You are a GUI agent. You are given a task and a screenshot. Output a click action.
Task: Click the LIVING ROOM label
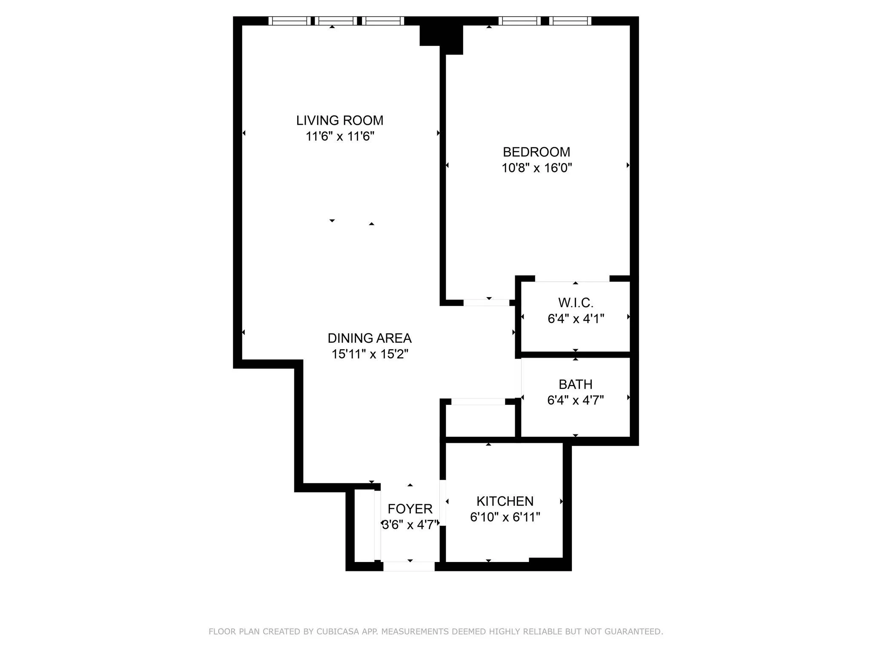click(x=340, y=120)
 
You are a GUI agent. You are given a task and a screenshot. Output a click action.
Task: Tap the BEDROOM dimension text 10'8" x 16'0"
click(x=536, y=168)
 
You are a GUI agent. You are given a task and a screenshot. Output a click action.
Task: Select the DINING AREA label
click(x=369, y=338)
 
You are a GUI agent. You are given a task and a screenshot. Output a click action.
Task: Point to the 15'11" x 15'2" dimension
click(x=370, y=354)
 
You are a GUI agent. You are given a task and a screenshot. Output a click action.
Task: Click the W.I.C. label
click(x=575, y=303)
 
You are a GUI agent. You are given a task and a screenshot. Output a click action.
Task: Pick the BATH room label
click(x=575, y=384)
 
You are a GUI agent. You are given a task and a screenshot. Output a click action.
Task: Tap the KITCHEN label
click(x=505, y=501)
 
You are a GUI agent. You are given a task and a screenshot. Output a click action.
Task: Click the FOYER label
click(x=410, y=509)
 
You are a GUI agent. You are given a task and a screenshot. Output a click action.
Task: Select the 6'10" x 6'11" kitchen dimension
click(x=505, y=517)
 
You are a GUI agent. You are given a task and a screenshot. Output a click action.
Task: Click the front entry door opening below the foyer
click(x=409, y=566)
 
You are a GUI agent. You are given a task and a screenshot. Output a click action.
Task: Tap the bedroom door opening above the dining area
click(x=486, y=303)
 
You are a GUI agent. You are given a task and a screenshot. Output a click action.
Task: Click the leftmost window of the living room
click(x=290, y=21)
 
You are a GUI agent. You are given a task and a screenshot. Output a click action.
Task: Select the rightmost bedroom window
click(x=570, y=21)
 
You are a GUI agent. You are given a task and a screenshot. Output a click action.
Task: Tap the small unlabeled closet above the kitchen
click(x=480, y=421)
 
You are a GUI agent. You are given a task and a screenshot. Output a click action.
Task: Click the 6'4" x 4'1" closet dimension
click(x=576, y=319)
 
